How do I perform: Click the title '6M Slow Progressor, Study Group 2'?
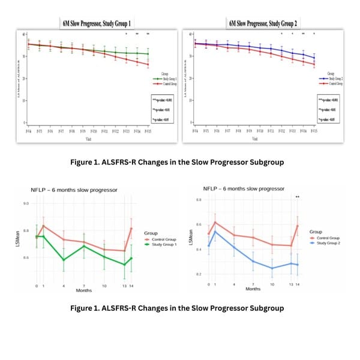(263, 23)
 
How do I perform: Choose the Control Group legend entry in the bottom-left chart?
(159, 238)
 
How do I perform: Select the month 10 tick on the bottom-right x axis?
(271, 283)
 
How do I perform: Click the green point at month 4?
(63, 260)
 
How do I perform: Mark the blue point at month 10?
(271, 268)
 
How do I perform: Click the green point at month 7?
(84, 246)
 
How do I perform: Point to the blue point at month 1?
(215, 231)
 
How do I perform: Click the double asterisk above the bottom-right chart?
(297, 197)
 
